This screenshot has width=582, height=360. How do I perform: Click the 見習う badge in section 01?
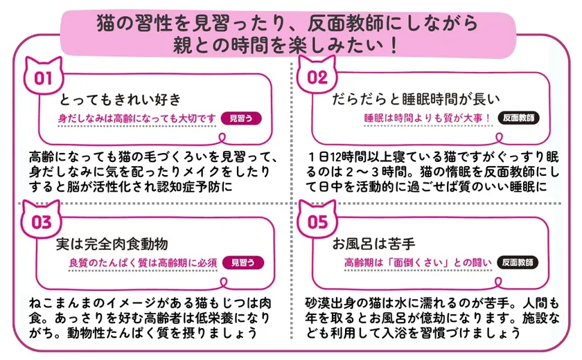click(x=241, y=118)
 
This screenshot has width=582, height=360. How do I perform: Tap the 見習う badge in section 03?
click(x=243, y=262)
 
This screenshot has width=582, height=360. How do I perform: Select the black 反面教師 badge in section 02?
click(x=518, y=118)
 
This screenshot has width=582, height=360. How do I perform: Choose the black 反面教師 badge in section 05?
click(x=518, y=262)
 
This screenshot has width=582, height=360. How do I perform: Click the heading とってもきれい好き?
click(x=120, y=100)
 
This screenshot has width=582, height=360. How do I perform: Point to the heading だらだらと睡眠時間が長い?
click(x=416, y=99)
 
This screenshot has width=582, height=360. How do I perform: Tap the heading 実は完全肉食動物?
click(x=112, y=244)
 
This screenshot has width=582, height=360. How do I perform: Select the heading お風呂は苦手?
click(x=373, y=244)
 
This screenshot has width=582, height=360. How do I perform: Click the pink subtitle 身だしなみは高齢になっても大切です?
click(x=136, y=118)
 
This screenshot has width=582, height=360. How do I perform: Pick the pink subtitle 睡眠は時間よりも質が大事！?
click(x=427, y=118)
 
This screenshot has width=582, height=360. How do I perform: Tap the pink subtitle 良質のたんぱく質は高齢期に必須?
click(x=143, y=263)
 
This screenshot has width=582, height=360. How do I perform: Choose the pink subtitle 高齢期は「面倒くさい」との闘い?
click(x=418, y=263)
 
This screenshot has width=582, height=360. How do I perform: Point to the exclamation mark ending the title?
click(x=393, y=46)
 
